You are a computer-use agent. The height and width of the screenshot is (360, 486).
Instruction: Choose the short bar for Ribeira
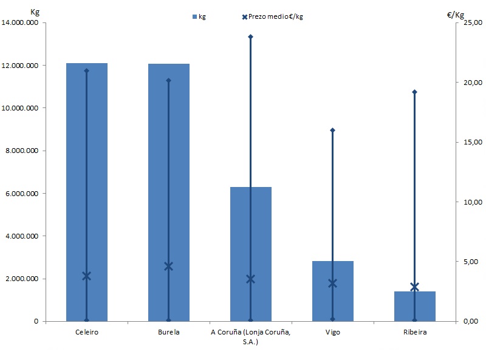[x=415, y=307]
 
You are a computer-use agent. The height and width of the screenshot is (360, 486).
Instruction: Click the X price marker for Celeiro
[x=86, y=276]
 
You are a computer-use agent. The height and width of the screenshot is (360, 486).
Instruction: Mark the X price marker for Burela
[x=168, y=266]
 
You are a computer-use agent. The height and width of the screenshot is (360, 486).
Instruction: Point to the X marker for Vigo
[x=332, y=283]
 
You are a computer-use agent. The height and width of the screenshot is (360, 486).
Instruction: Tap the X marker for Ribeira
[x=414, y=287]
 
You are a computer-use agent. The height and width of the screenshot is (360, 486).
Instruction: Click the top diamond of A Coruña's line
[x=250, y=36]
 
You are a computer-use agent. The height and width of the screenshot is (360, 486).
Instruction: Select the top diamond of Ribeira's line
[x=414, y=92]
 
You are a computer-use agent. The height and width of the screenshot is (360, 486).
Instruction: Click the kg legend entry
[x=199, y=16]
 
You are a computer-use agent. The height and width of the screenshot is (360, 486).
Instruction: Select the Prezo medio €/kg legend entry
[x=273, y=16]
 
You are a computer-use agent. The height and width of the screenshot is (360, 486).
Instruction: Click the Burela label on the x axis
[x=168, y=332]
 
